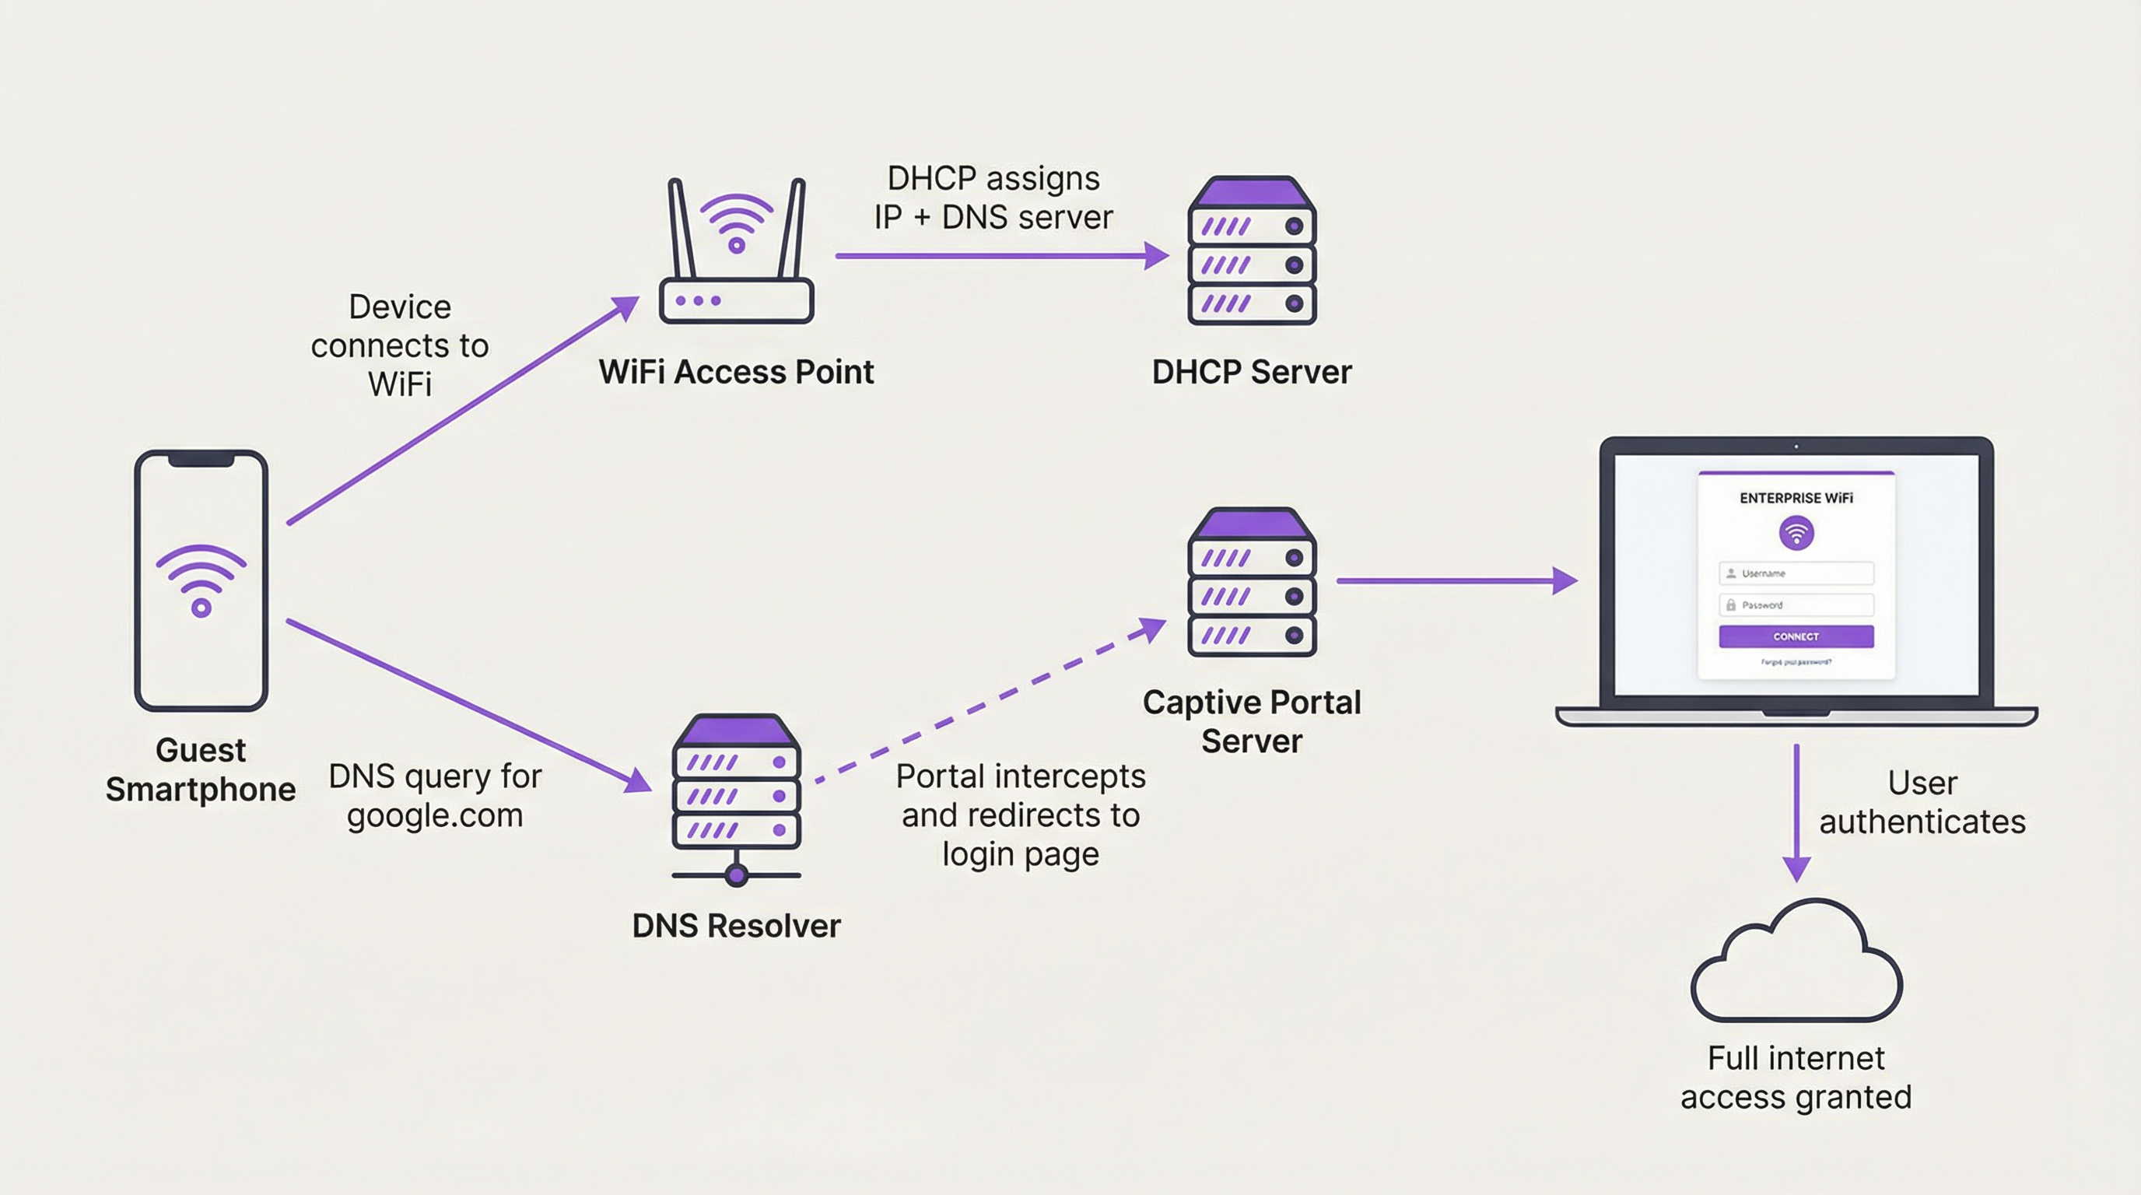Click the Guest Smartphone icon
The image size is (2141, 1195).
tap(201, 580)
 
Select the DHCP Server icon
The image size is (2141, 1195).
tap(1252, 251)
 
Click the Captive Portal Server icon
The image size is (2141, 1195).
tap(1252, 583)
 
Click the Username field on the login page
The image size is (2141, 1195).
tap(1796, 573)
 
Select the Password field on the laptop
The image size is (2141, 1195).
tap(1796, 605)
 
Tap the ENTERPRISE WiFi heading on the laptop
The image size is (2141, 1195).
tap(1796, 499)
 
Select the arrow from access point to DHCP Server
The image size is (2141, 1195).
tap(997, 256)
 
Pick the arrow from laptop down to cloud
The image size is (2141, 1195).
tap(1796, 810)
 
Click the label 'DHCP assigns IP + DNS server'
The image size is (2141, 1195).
tap(993, 198)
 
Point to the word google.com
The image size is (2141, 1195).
tap(435, 816)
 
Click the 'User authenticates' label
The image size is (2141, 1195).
tap(1922, 803)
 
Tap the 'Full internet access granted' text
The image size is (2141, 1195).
tap(1796, 1078)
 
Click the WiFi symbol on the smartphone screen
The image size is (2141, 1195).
tap(201, 580)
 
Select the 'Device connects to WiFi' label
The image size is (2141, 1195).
tap(400, 345)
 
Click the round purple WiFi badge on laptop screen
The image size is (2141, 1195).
tap(1796, 533)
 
